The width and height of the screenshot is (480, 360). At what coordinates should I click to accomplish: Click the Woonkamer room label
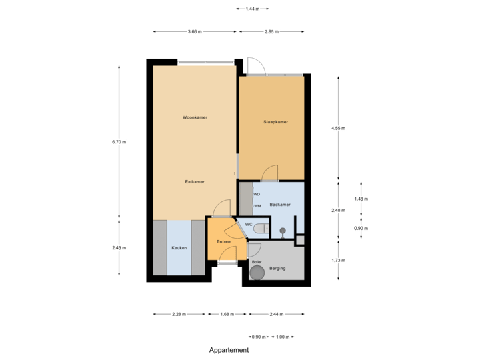coord(195,117)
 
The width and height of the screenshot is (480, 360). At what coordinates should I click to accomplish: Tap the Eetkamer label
coord(195,181)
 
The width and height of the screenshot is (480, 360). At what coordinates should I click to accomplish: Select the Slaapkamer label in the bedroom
coord(275,122)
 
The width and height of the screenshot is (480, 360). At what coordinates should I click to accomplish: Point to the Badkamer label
coord(279,205)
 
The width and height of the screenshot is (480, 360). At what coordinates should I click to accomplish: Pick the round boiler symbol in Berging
coord(257,272)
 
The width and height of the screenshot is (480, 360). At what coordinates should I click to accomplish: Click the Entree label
coord(223,241)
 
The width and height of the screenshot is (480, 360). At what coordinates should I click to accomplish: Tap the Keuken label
coord(179,247)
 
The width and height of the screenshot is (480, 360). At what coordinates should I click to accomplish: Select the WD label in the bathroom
coord(257,194)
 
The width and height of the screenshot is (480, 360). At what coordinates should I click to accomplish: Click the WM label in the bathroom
coord(257,207)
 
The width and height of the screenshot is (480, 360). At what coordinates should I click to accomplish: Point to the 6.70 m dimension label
coord(119,141)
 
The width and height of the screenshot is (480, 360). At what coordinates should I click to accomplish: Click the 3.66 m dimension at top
coord(195,31)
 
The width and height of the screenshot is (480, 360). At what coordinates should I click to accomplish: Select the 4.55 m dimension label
coord(339,128)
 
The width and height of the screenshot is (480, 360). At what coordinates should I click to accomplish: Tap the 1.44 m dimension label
coord(252,9)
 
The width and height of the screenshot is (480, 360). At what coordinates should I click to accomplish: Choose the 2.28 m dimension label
coord(179,314)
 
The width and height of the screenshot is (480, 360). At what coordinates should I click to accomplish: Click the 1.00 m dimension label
coord(283,337)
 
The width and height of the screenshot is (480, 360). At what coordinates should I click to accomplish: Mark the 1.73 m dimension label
coord(339,260)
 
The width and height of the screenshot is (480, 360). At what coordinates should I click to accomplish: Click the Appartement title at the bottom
coord(229,349)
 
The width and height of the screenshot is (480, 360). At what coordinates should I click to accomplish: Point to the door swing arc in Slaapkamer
coord(270,173)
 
